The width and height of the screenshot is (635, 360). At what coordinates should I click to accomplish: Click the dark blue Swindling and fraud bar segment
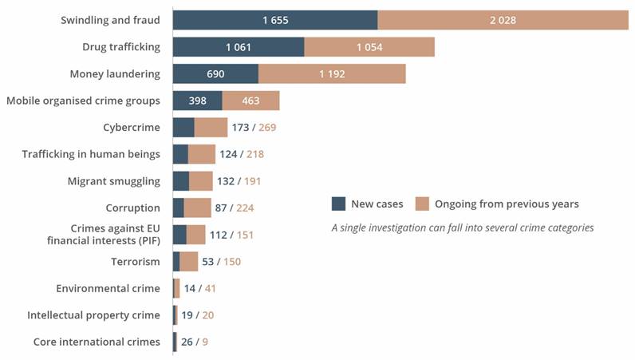[274, 20]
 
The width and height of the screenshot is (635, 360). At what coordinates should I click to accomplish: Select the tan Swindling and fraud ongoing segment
[503, 20]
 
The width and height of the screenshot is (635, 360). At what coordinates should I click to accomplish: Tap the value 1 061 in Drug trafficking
[239, 47]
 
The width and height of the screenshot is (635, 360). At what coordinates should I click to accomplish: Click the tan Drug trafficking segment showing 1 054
[369, 47]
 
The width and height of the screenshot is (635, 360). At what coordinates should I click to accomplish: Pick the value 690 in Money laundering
[215, 74]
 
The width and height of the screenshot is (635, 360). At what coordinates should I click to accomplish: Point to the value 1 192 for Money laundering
[332, 74]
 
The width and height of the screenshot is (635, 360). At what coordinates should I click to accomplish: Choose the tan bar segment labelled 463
[250, 101]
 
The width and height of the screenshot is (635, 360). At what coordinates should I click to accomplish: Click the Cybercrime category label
[132, 128]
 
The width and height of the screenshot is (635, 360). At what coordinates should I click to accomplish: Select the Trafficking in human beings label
[91, 154]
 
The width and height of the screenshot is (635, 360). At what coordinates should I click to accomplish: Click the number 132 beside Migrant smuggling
[226, 181]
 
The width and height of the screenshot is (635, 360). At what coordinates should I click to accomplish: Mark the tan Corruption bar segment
[197, 208]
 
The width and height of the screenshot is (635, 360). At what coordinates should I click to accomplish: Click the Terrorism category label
[136, 261]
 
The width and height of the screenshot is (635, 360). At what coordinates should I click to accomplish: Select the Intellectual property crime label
[93, 315]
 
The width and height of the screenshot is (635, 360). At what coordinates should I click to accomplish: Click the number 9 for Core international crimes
[206, 342]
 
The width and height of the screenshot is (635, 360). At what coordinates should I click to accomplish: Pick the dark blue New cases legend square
[338, 204]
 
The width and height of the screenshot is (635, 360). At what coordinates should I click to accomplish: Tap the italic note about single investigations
[463, 227]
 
